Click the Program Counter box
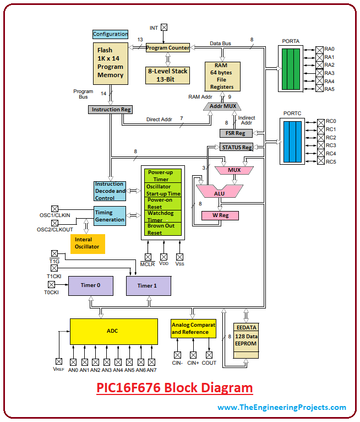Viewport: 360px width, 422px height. coord(167,48)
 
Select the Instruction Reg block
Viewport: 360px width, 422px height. coord(110,110)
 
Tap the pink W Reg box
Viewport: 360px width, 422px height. coord(220,215)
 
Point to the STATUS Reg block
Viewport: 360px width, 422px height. coord(236,147)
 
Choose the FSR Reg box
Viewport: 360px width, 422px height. coord(236,133)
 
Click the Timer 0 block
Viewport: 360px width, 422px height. coord(90,285)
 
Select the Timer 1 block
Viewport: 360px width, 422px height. coord(148,285)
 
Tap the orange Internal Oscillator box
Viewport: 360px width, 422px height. coord(87,243)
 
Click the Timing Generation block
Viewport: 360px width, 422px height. coord(110,215)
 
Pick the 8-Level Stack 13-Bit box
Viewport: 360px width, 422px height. coord(167,75)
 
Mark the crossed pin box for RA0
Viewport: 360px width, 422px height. coord(319,49)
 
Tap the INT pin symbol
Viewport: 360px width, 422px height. coord(163,27)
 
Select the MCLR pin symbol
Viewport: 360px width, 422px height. coord(148,256)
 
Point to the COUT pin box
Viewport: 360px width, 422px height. coord(209,355)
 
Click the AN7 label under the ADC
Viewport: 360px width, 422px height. coord(152,370)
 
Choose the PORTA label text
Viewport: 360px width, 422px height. coord(291,41)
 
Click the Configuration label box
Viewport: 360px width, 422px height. coord(110,34)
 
